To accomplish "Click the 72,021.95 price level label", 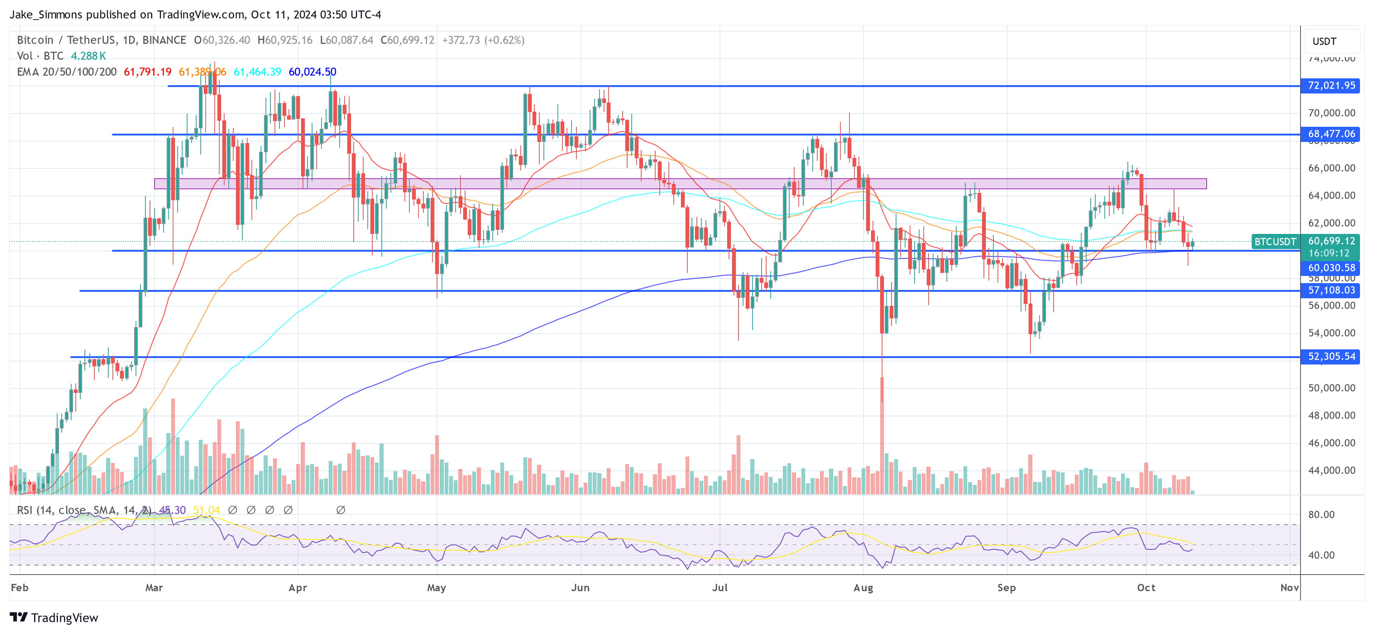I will click(x=1330, y=85).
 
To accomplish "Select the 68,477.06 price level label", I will click(x=1330, y=134).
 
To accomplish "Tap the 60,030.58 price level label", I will click(x=1330, y=268).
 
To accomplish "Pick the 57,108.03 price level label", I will click(x=1330, y=290).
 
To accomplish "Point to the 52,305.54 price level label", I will click(x=1330, y=356).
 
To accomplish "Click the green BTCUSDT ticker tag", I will click(x=1275, y=241).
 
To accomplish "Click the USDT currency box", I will click(x=1324, y=41).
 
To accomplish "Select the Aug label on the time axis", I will click(x=863, y=587).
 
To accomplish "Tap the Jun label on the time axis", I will click(x=580, y=587).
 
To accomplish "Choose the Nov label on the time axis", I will click(x=1289, y=587).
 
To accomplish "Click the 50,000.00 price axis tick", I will click(x=1331, y=388).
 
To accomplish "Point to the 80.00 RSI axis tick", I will click(x=1321, y=514).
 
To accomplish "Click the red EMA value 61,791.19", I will click(x=148, y=72).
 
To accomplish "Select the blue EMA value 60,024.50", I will click(x=312, y=72).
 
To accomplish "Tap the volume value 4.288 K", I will click(x=89, y=56).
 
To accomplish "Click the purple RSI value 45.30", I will click(x=172, y=510).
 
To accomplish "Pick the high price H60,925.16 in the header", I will click(x=285, y=40).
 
